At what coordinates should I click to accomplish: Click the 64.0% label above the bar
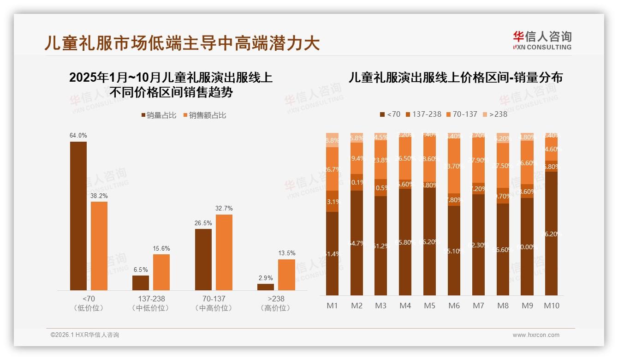[78, 135]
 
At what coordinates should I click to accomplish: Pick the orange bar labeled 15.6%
[161, 272]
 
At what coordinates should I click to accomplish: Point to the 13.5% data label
[286, 253]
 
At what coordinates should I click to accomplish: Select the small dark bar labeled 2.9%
[266, 287]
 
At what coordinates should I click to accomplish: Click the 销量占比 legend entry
[158, 115]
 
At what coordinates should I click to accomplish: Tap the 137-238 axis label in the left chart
[150, 299]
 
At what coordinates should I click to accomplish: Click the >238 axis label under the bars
[275, 299]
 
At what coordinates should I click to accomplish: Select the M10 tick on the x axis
[551, 306]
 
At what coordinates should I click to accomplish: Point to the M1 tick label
[332, 306]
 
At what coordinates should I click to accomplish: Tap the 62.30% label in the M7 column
[478, 245]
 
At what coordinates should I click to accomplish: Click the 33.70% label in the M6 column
[454, 166]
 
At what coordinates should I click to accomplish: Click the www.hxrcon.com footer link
[535, 335]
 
